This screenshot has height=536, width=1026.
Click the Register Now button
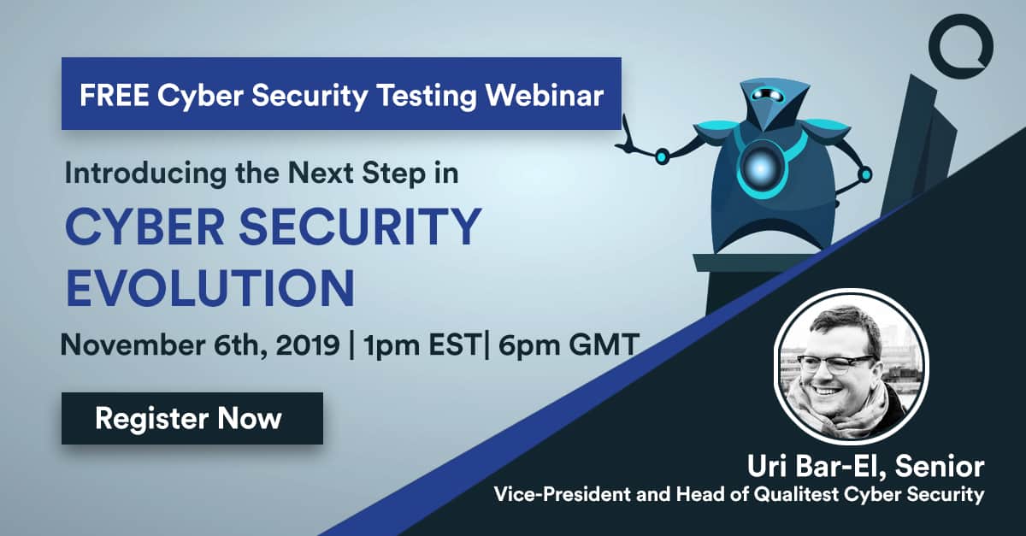point(192,418)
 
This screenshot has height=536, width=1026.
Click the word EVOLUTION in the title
point(210,288)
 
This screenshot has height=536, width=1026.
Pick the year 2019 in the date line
point(308,345)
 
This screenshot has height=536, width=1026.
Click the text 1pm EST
point(422,345)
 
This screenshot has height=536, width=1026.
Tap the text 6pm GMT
point(569,345)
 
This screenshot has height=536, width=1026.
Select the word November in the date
point(133,345)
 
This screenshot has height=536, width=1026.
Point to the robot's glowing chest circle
point(760,168)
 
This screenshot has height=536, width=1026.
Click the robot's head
point(769,104)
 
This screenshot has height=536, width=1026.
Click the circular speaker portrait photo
point(852,367)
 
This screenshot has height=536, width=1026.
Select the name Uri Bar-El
point(817,467)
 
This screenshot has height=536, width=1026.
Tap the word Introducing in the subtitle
point(145,174)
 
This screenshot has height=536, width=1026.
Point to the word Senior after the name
point(940,467)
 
